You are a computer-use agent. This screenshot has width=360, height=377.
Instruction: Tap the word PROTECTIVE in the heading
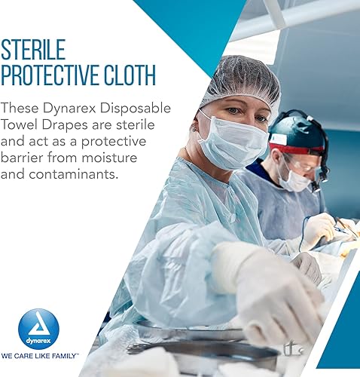56,75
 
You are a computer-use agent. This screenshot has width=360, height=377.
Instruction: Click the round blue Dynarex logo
38,329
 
